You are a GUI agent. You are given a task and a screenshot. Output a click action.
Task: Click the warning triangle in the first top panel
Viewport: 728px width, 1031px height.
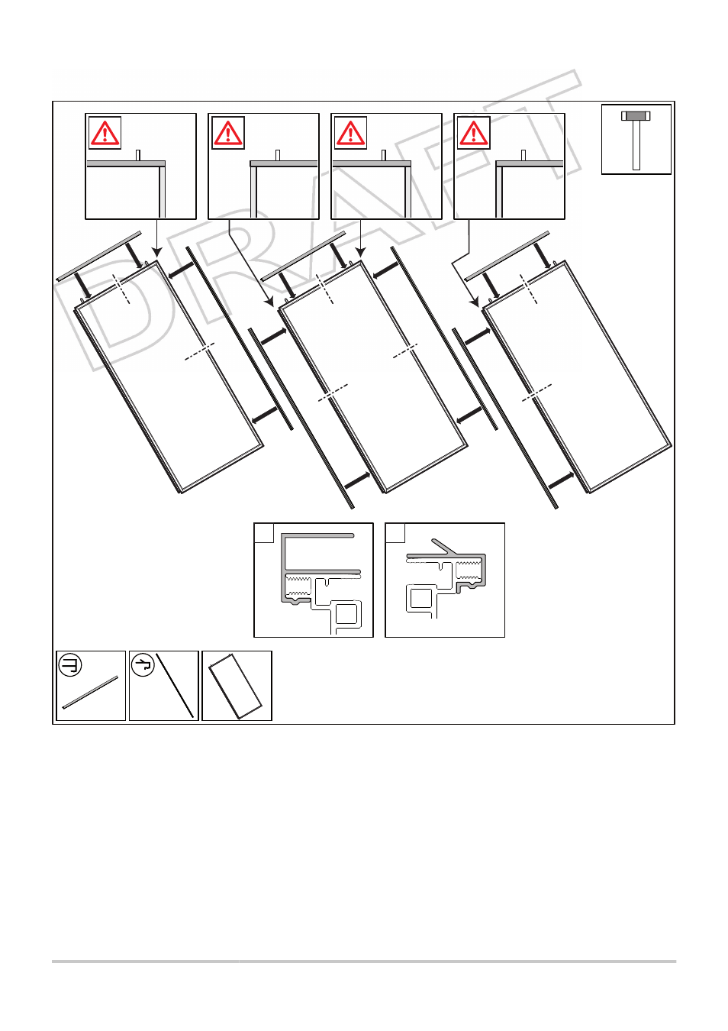(105, 133)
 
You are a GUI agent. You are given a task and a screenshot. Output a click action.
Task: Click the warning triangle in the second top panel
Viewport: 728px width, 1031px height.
(228, 133)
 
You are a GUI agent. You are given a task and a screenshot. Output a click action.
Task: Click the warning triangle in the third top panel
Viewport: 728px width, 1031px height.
(350, 133)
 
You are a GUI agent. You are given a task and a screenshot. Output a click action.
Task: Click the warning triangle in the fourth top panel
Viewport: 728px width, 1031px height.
(474, 133)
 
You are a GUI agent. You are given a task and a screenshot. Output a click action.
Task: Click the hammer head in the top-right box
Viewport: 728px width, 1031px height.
(636, 115)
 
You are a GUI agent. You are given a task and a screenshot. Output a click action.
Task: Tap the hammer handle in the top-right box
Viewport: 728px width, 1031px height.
(636, 145)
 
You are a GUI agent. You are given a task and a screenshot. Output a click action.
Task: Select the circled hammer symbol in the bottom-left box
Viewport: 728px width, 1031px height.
(70, 665)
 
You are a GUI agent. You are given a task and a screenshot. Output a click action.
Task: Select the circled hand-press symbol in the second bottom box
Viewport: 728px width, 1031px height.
(143, 665)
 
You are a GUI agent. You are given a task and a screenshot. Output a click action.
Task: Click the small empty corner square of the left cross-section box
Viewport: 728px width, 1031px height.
(264, 533)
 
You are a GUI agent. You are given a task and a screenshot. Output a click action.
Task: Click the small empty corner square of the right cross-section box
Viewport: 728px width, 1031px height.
(395, 533)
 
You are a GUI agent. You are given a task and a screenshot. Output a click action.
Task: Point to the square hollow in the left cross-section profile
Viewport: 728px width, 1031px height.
(346, 615)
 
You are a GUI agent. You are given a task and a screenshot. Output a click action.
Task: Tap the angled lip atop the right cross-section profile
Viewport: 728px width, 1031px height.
(444, 546)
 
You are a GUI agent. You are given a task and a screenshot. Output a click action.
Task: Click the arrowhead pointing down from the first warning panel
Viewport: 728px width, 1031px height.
(157, 252)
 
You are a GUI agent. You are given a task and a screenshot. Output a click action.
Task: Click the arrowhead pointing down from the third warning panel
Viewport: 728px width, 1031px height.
(360, 252)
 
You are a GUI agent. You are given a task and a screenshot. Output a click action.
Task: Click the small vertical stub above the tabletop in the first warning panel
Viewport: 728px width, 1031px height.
(138, 155)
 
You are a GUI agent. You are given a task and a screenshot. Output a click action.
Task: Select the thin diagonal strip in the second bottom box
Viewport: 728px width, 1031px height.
(175, 685)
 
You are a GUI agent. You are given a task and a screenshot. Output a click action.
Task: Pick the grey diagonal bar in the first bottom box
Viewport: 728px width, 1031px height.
(90, 692)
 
